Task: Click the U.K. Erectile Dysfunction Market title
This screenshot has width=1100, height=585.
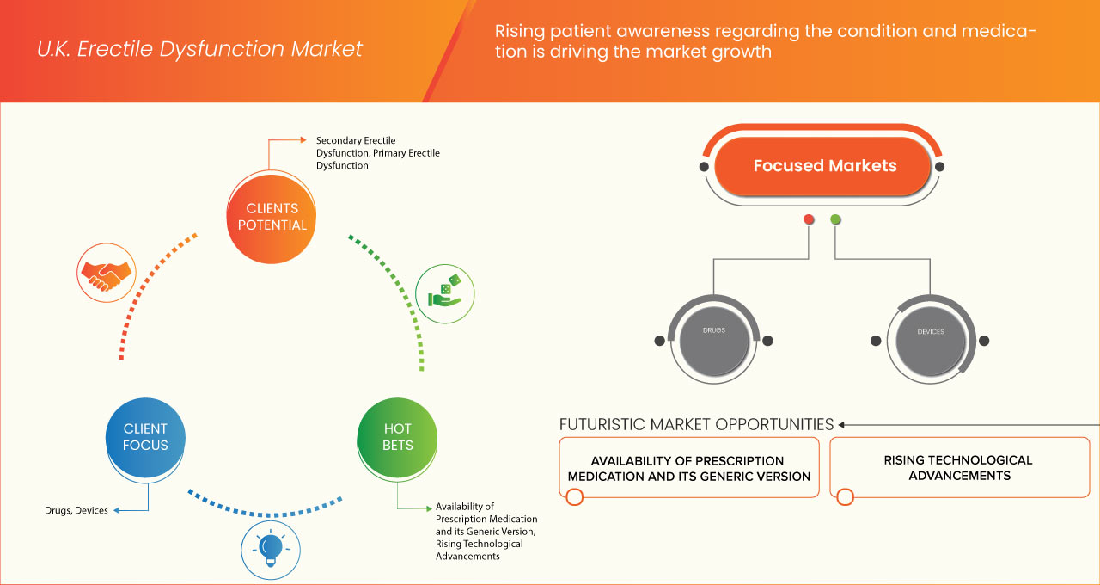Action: coord(199,49)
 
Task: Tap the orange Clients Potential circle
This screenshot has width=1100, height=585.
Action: coord(272,217)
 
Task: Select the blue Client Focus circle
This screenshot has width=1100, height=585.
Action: coord(145,437)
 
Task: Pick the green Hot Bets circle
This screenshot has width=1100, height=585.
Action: coord(397,437)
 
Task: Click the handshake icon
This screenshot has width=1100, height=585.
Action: coord(106,271)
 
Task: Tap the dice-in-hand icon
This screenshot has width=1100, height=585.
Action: coord(444,292)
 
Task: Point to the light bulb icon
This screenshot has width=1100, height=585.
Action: coord(271,548)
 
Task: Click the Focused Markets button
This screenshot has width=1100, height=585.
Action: coord(824,166)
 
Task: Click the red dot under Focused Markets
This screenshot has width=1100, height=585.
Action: coord(809,220)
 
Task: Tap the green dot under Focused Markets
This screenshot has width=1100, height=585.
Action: coord(836,220)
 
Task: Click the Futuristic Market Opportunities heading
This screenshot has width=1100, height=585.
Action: coord(696,424)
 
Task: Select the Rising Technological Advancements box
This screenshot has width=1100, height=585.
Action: coord(959,468)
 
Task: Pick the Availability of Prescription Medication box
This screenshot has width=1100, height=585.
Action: coord(688,468)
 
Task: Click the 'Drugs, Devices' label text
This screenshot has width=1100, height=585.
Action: coord(76,511)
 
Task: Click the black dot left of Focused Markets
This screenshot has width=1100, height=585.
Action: coord(704,166)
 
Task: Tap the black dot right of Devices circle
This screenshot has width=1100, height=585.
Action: coord(984,341)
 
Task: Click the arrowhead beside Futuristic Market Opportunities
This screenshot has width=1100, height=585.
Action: coord(842,424)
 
